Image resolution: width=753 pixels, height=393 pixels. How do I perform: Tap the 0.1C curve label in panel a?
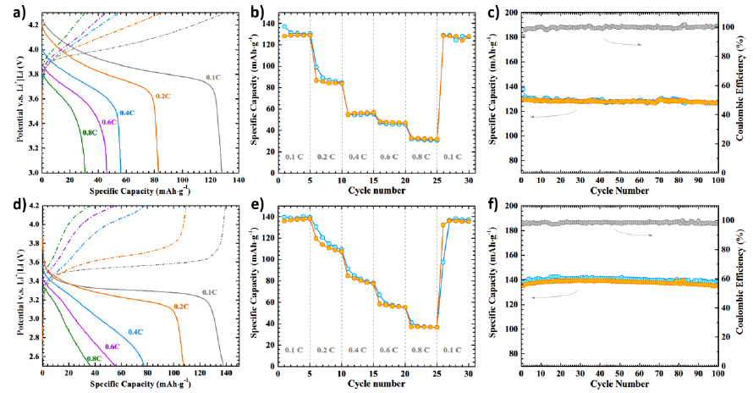212,77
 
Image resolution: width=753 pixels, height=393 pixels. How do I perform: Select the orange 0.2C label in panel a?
162,96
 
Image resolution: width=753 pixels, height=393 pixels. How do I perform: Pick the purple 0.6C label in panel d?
112,347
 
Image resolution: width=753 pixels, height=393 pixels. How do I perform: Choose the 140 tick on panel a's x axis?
239,180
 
